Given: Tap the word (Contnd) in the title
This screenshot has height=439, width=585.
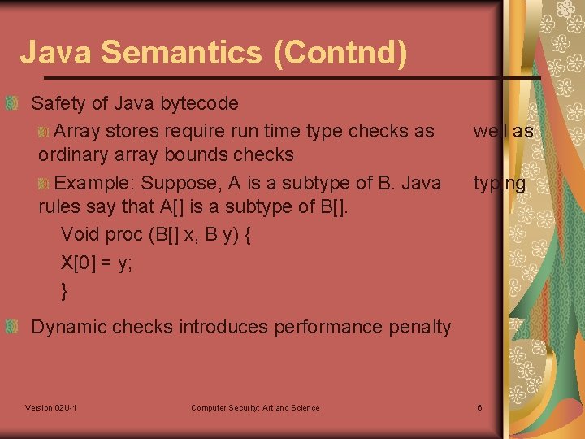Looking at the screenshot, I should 340,53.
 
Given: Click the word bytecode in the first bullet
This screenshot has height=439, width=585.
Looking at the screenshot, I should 200,103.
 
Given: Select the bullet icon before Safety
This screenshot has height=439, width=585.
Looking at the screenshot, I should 11,103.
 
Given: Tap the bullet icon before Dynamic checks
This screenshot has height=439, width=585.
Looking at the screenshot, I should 11,327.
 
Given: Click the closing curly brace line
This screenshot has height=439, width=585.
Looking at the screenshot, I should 65,289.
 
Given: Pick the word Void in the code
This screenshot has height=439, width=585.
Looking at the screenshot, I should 79,235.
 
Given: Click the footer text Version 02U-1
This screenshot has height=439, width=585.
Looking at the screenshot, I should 51,407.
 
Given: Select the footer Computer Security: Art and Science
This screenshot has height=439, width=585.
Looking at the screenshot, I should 255,407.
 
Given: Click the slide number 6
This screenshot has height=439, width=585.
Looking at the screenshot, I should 479,407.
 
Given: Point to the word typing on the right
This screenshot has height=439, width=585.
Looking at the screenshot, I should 500,184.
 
